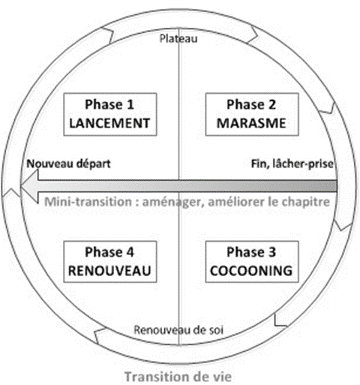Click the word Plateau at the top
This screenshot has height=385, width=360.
178,39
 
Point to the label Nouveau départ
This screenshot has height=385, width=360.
68,164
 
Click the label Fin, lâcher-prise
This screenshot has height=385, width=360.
292,164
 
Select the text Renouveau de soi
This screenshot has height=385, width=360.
178,330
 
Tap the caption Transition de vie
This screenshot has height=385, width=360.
178,377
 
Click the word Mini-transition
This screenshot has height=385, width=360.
88,202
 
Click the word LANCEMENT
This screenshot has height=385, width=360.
109,123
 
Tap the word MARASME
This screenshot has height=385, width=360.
251,123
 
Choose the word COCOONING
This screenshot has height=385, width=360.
251,271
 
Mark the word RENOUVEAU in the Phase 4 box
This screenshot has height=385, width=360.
109,271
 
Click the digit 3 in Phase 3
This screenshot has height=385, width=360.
272,252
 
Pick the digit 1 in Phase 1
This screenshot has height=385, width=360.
130,104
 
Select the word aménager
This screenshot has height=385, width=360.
172,202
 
